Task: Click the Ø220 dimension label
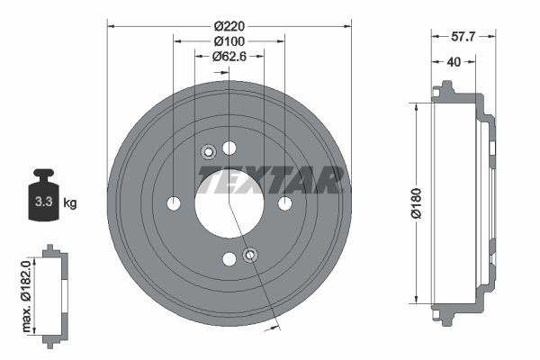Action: (x=229, y=26)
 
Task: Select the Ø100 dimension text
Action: (x=229, y=41)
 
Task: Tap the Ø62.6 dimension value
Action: (x=229, y=56)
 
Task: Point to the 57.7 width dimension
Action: (x=462, y=37)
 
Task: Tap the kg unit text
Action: (x=70, y=202)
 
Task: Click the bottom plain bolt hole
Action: (x=229, y=259)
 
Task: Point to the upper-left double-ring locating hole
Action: (x=207, y=151)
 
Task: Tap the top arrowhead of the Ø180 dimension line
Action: (x=416, y=106)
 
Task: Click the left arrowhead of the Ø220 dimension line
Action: (x=111, y=26)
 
